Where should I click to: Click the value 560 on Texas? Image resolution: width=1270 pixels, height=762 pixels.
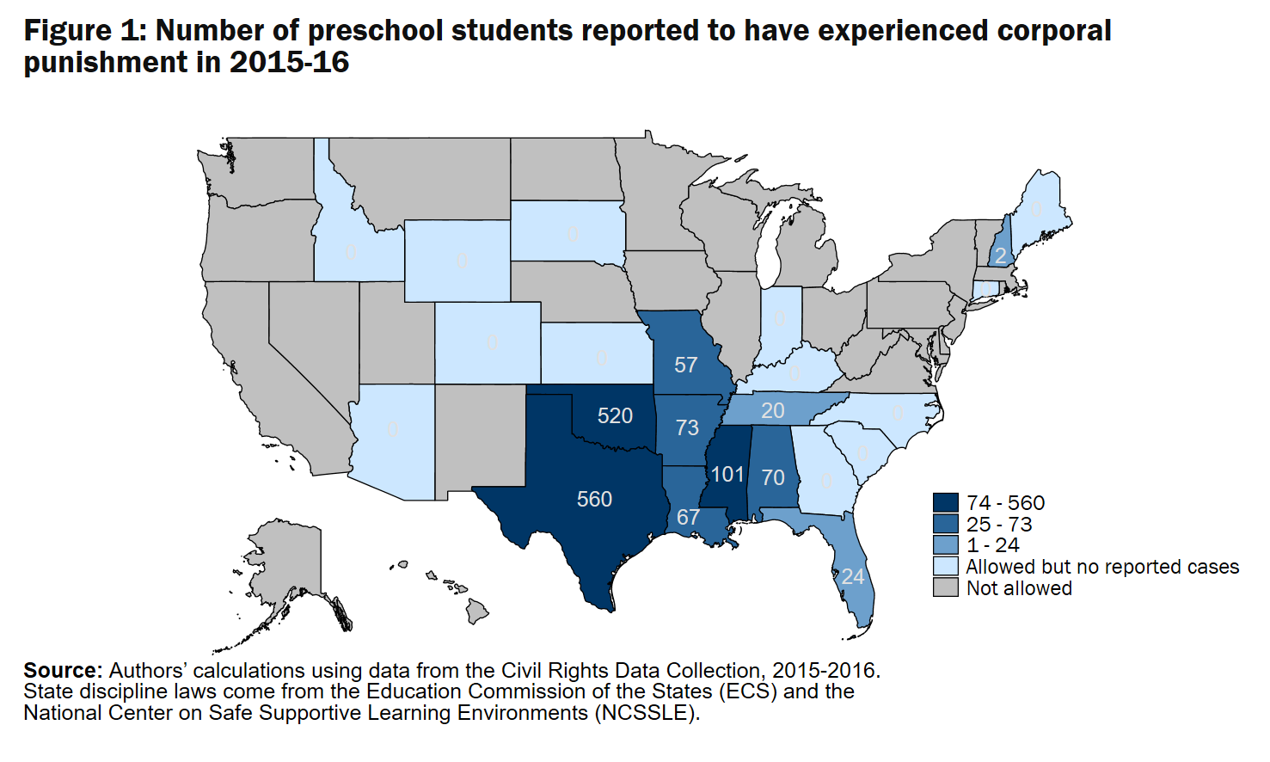click(594, 499)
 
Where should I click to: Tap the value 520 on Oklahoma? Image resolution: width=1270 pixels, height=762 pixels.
click(615, 416)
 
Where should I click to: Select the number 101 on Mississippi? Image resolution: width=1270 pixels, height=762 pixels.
click(727, 474)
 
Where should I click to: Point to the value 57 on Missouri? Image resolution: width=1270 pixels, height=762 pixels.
click(685, 365)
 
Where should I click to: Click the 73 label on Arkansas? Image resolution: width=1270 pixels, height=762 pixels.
click(687, 427)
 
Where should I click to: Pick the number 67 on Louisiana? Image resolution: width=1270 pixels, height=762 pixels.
click(688, 517)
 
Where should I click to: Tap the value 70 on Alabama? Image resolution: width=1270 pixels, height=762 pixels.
click(773, 477)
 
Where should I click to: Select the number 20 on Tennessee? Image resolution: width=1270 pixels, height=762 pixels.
click(773, 411)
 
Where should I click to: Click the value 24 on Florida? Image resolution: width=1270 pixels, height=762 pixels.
click(853, 576)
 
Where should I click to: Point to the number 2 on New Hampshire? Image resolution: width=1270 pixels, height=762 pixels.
click(1000, 256)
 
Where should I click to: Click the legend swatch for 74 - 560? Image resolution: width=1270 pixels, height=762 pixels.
click(945, 503)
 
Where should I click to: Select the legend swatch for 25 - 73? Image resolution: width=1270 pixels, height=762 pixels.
click(945, 524)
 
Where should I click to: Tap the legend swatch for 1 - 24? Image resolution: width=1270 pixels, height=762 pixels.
click(945, 545)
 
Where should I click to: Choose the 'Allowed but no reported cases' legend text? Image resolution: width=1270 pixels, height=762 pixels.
click(1102, 567)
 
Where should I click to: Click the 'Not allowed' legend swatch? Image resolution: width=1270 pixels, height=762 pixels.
click(945, 588)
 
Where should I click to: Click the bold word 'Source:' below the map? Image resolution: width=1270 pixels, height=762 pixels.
click(63, 671)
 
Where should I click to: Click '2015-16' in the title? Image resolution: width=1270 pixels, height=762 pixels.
click(290, 63)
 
